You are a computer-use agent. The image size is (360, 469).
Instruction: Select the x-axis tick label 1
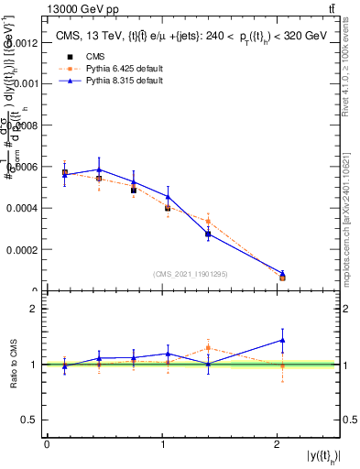tap(162, 444)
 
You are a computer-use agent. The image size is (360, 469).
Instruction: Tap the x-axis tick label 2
tap(278, 444)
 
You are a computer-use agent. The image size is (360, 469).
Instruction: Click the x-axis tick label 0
tap(47, 444)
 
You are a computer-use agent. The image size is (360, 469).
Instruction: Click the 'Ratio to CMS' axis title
tap(14, 365)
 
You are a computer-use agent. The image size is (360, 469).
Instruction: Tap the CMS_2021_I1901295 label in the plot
tap(191, 274)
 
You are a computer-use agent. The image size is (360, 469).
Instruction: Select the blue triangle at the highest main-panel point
tap(99, 169)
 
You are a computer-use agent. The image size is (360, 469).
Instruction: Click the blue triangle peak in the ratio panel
tap(282, 340)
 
